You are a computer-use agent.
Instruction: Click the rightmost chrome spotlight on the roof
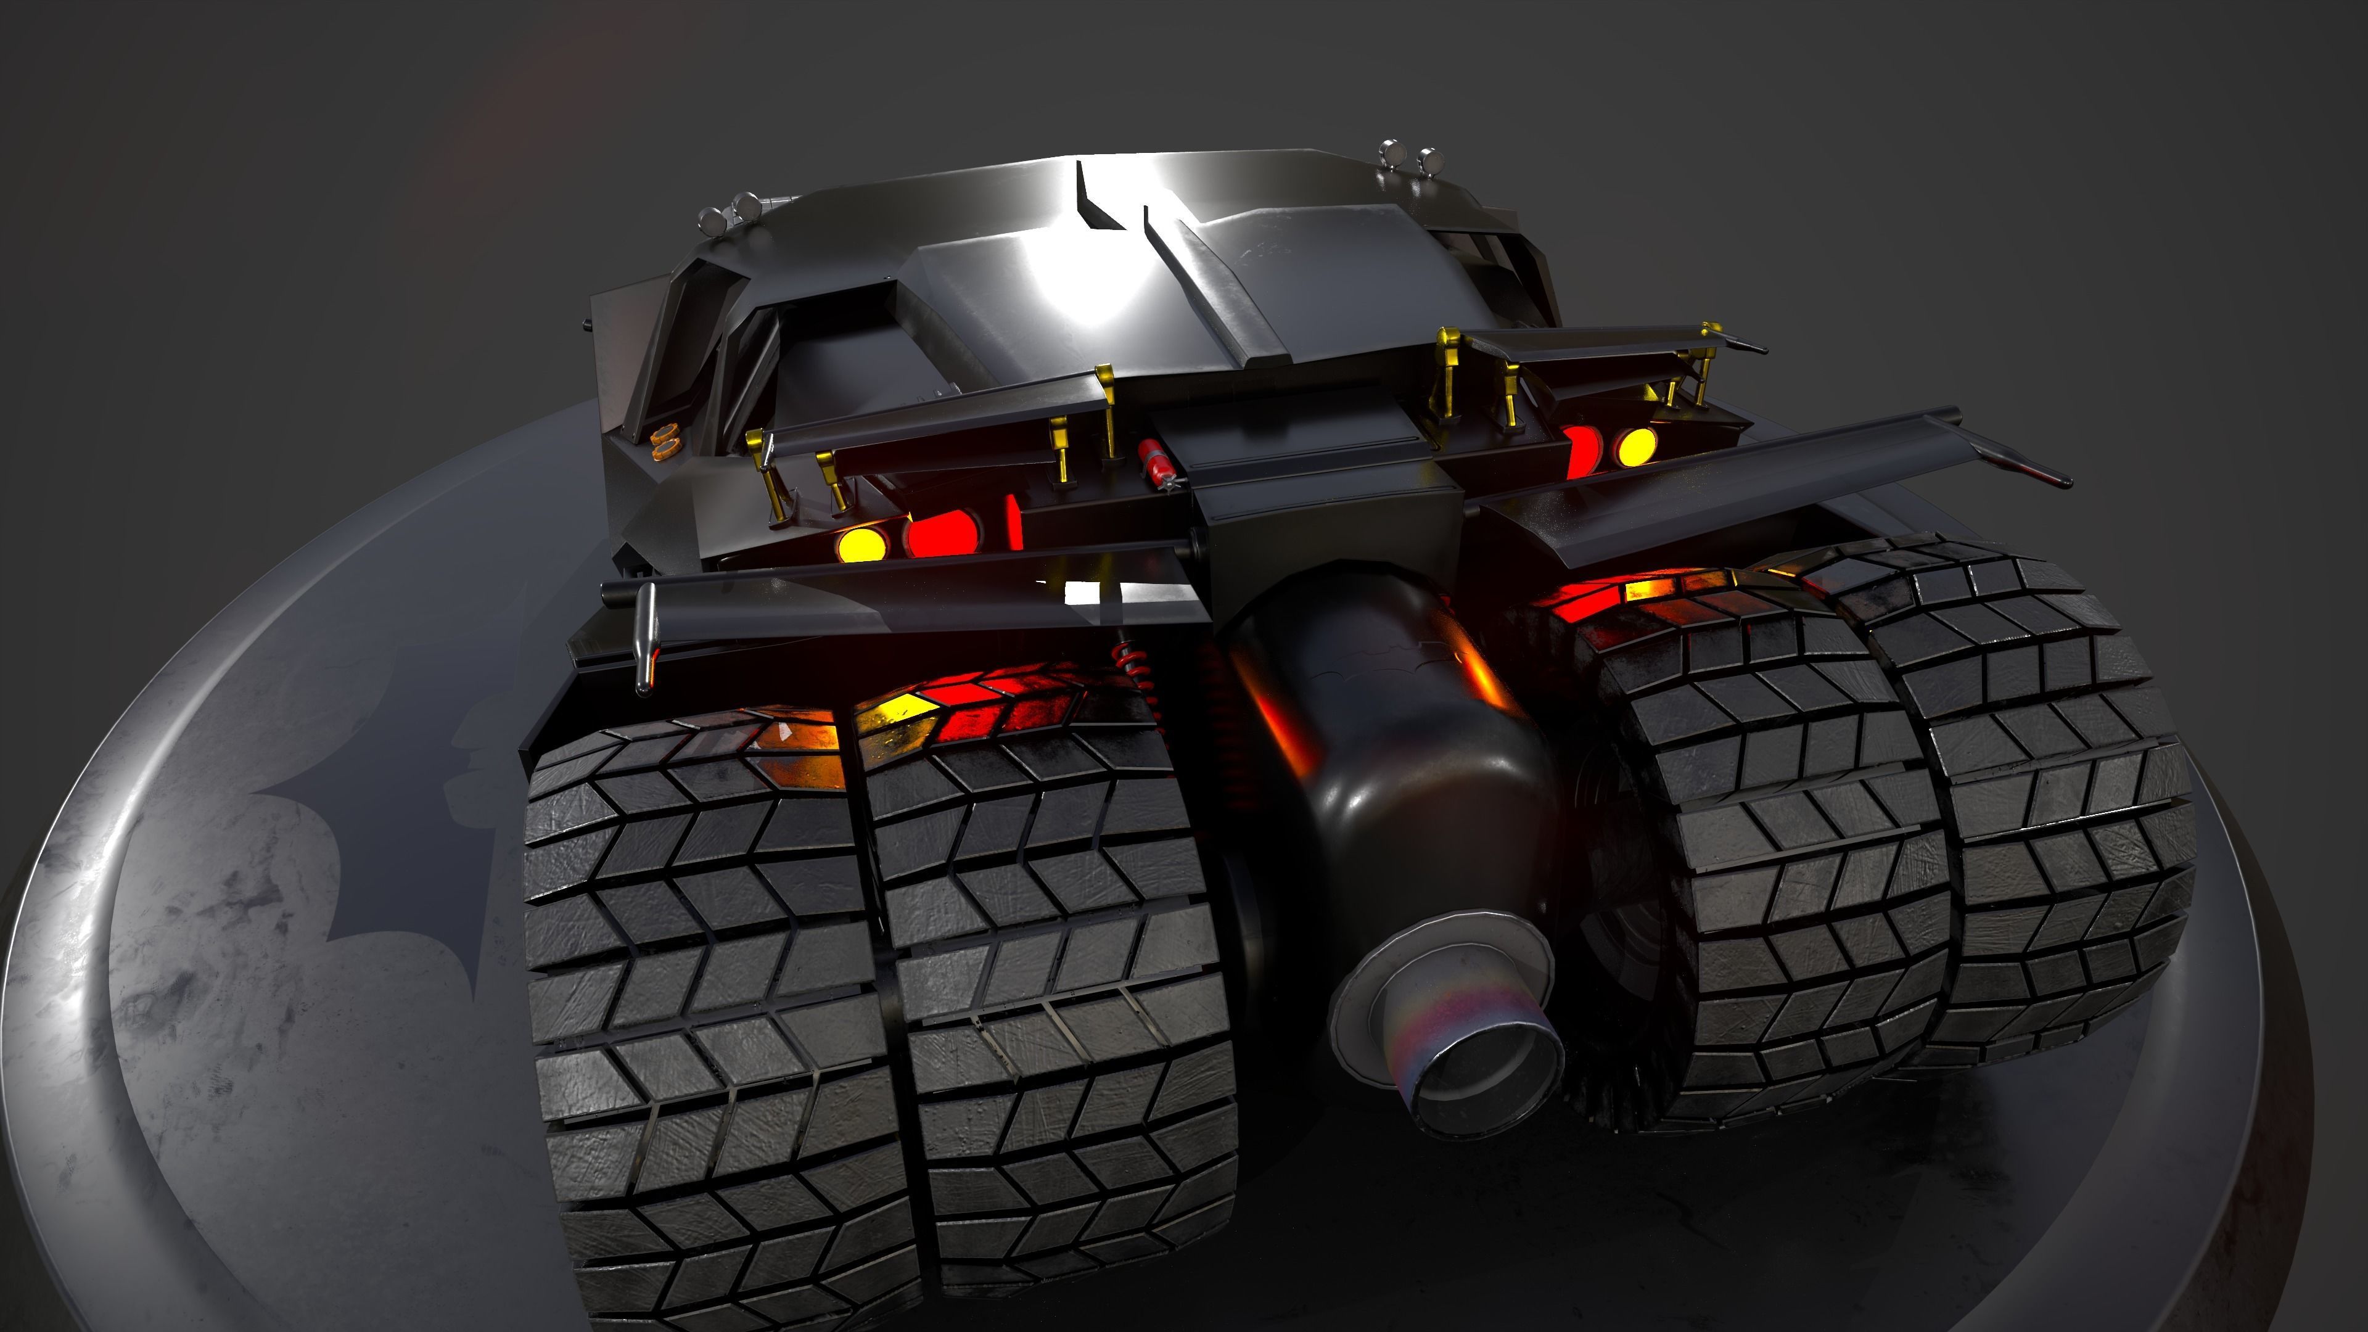click(1429, 161)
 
